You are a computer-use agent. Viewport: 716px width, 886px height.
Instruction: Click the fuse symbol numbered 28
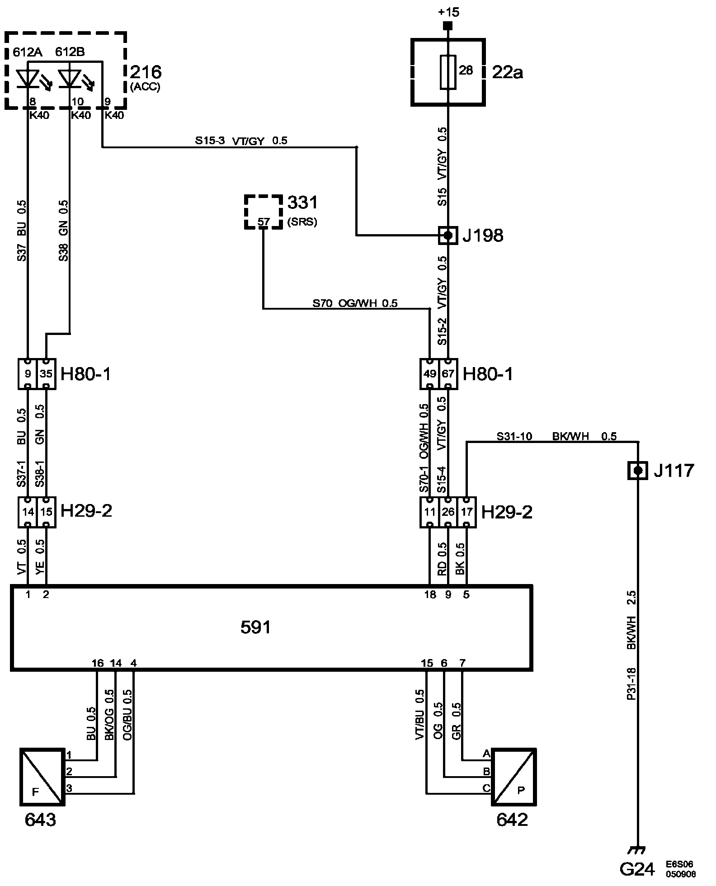pyautogui.click(x=447, y=72)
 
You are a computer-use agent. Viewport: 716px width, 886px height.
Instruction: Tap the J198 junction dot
pyautogui.click(x=447, y=236)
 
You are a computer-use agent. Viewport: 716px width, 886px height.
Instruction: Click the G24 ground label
pyautogui.click(x=637, y=869)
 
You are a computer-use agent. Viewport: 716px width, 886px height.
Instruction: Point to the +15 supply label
pyautogui.click(x=448, y=12)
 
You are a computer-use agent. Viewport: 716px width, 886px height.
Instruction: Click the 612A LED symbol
pyautogui.click(x=28, y=79)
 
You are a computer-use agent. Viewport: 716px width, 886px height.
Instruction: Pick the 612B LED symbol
pyautogui.click(x=71, y=79)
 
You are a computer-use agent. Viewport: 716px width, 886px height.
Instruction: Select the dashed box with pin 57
pyautogui.click(x=263, y=212)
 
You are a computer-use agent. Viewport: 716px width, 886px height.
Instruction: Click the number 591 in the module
pyautogui.click(x=255, y=627)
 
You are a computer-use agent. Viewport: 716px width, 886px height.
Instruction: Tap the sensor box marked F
pyautogui.click(x=42, y=777)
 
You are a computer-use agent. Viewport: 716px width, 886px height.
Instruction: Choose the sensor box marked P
pyautogui.click(x=514, y=777)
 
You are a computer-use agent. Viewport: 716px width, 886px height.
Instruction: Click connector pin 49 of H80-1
pyautogui.click(x=429, y=374)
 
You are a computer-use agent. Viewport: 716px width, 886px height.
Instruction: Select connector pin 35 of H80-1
pyautogui.click(x=46, y=374)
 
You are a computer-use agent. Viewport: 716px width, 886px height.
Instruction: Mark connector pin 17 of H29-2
pyautogui.click(x=466, y=512)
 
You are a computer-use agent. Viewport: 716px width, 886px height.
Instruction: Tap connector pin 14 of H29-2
pyautogui.click(x=28, y=512)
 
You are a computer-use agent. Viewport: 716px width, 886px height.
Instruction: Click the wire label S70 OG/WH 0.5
pyautogui.click(x=355, y=303)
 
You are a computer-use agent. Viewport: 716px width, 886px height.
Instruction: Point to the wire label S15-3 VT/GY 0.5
pyautogui.click(x=241, y=141)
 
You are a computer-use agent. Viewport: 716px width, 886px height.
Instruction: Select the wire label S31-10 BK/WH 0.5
pyautogui.click(x=556, y=436)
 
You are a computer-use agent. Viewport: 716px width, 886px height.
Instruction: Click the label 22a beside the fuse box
pyautogui.click(x=507, y=72)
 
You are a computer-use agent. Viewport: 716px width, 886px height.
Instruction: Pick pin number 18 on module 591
pyautogui.click(x=430, y=595)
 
